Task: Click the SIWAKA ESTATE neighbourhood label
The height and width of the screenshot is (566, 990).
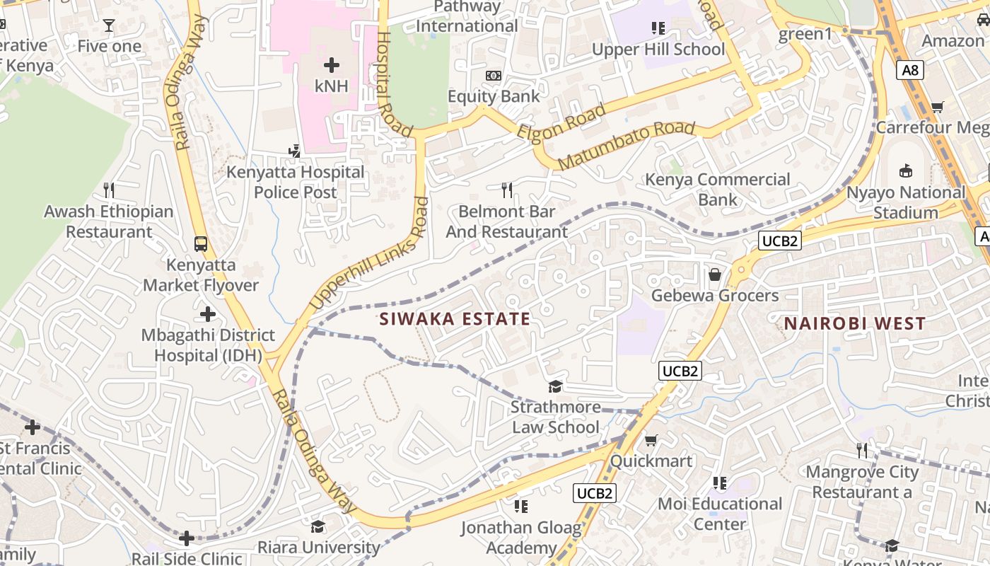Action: click(x=455, y=319)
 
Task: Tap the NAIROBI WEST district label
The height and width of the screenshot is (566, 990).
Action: click(x=854, y=324)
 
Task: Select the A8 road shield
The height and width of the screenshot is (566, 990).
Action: click(x=911, y=69)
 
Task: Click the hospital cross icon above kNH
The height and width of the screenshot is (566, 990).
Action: click(x=331, y=66)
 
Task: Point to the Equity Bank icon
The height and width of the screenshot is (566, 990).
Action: click(x=494, y=76)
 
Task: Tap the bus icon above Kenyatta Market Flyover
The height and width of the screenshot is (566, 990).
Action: click(x=201, y=244)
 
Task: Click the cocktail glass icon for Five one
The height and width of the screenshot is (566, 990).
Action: click(x=109, y=25)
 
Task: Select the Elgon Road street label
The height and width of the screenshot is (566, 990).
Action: click(x=561, y=122)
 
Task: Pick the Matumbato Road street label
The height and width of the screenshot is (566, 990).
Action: click(x=627, y=146)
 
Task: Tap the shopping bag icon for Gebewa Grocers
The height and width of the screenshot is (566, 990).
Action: click(x=715, y=275)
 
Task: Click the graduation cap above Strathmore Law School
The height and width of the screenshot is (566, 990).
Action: click(x=556, y=386)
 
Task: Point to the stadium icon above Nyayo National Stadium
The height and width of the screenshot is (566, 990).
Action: click(x=905, y=171)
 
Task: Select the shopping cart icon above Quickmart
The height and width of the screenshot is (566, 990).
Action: click(x=651, y=440)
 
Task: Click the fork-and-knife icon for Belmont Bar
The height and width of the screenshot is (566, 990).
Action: click(x=507, y=190)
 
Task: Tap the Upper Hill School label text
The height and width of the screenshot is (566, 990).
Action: click(x=658, y=50)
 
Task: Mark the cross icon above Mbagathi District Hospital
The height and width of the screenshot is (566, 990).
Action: click(x=207, y=313)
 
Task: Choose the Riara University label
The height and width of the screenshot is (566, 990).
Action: click(x=318, y=547)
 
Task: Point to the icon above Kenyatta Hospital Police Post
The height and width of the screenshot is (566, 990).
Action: click(x=295, y=150)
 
